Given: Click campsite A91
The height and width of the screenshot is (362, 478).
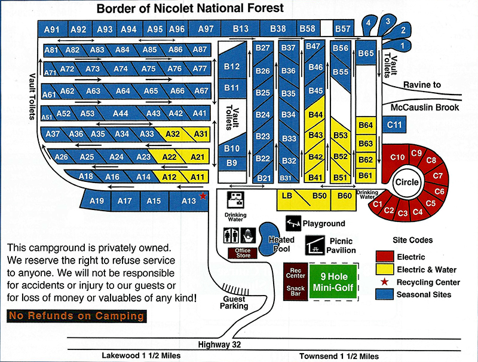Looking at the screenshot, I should (53, 29).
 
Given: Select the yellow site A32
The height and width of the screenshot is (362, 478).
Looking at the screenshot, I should (172, 134).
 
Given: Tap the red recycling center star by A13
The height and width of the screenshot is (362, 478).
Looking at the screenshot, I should (203, 196).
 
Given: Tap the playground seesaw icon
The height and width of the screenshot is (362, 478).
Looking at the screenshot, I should (293, 223).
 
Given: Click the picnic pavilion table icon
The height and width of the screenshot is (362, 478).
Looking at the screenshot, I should (315, 244).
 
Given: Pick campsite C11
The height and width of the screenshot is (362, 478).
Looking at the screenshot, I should (394, 124).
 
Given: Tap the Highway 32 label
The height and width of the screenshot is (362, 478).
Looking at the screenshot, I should (220, 345).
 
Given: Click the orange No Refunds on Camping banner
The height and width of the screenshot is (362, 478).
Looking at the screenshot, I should (76, 315).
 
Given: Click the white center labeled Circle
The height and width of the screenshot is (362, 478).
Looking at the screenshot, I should (407, 182).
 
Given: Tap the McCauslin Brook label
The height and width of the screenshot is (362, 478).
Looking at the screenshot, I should (425, 108).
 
